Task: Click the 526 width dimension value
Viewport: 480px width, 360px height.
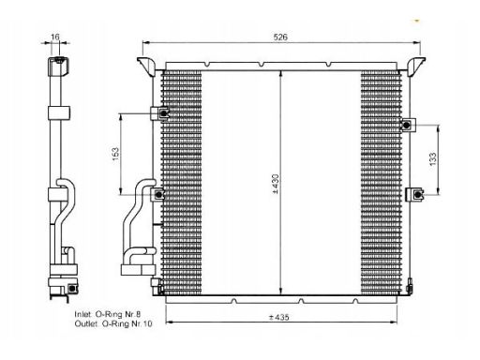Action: click(280, 37)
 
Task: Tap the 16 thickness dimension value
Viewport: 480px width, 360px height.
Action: click(55, 37)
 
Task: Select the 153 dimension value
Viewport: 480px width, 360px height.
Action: click(115, 154)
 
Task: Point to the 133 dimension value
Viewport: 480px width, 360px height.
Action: click(433, 159)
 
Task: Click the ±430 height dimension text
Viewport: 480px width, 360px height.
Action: click(276, 184)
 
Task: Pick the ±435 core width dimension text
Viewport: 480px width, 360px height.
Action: click(279, 317)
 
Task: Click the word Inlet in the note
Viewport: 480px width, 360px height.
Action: click(83, 314)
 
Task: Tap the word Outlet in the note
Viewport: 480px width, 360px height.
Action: click(86, 323)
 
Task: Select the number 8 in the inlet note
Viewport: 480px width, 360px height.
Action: click(138, 314)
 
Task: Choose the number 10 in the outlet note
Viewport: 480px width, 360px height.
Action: click(147, 323)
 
